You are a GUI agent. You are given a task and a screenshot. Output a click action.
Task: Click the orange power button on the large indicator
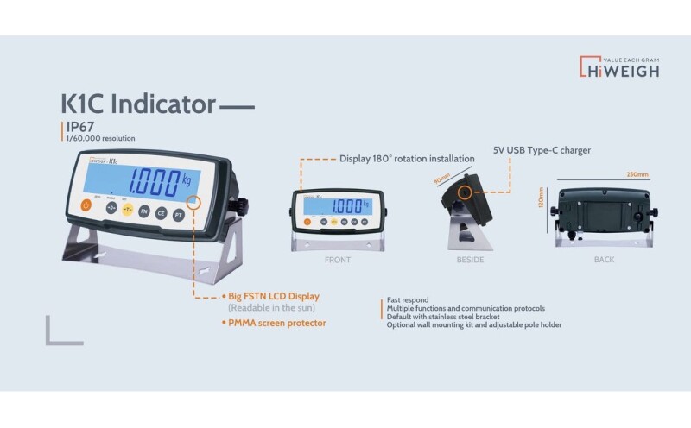pos(86,205)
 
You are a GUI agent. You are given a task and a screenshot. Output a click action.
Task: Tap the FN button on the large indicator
pos(144,211)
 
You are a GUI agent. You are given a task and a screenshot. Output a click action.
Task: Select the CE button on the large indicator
pos(161,213)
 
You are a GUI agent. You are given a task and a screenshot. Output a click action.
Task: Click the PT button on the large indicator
pos(178,215)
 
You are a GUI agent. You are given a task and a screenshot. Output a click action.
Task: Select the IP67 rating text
pos(79,126)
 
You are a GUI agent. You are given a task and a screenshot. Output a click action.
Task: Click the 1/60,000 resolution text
pos(100,138)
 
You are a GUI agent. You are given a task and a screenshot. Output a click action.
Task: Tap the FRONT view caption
pos(337,259)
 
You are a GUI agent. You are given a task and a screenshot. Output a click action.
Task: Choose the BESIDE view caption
pos(470,259)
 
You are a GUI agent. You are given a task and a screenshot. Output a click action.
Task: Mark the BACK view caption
pos(605,259)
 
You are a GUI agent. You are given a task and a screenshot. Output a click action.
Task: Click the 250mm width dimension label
pos(637,174)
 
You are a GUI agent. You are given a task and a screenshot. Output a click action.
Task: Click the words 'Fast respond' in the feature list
pos(409,299)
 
